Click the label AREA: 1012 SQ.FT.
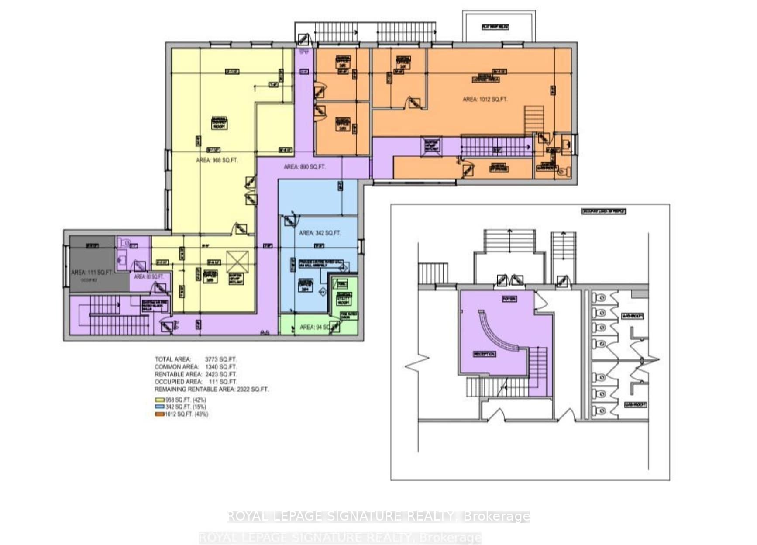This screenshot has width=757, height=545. [x=485, y=100]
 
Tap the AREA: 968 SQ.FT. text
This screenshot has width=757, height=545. [x=217, y=160]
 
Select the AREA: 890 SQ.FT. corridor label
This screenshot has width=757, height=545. [x=304, y=167]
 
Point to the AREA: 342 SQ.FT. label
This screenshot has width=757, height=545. [x=320, y=233]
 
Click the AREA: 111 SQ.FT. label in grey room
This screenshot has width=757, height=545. [x=91, y=272]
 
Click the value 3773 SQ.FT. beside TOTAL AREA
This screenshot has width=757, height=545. [x=221, y=359]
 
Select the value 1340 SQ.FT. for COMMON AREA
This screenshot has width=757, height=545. [x=221, y=367]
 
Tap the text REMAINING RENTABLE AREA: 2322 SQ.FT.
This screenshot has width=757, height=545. [x=211, y=389]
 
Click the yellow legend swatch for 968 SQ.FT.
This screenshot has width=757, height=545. [x=159, y=400]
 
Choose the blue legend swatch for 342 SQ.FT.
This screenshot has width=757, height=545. [x=159, y=407]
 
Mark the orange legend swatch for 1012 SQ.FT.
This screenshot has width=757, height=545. [x=159, y=414]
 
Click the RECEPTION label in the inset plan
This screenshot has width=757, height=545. [x=484, y=354]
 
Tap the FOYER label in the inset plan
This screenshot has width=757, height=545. [x=509, y=299]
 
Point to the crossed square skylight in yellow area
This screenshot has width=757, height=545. [x=237, y=262]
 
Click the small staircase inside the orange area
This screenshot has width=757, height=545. [x=534, y=119]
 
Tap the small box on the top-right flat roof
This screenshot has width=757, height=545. [x=495, y=27]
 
